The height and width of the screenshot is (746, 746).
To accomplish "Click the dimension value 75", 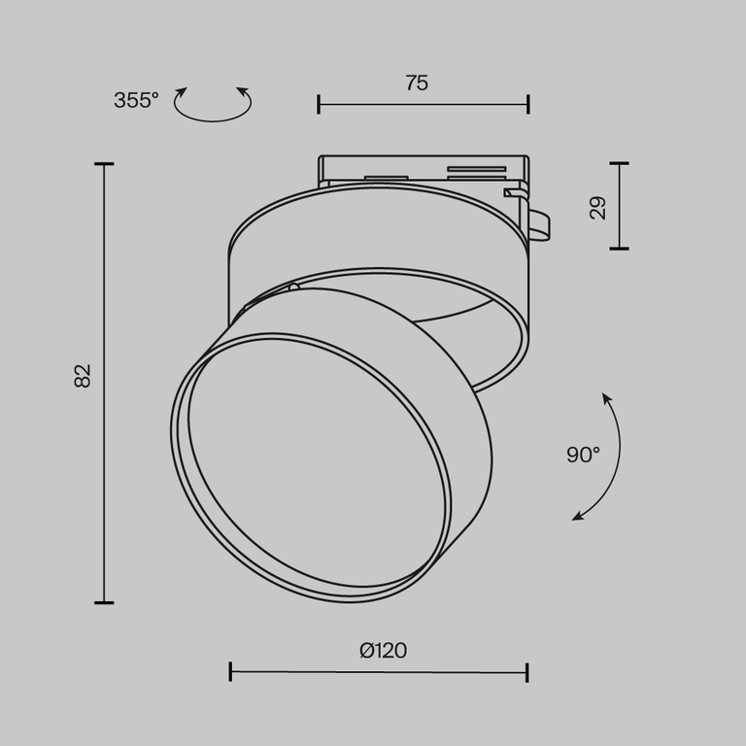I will point(417,84).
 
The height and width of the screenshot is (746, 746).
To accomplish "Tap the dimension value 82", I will point(84,375).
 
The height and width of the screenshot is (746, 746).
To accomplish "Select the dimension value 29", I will point(598,206).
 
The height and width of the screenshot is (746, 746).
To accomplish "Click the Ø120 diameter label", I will point(383,651).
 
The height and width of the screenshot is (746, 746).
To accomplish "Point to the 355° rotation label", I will point(136,100).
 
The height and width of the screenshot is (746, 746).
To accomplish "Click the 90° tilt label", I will point(583,455).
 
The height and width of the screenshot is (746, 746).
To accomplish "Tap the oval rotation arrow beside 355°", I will point(212,104).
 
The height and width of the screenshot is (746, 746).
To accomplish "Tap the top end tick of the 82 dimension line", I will point(104,164).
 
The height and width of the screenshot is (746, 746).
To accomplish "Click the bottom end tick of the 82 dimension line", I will point(104,602).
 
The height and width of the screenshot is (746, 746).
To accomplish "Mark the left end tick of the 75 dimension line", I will point(319,104).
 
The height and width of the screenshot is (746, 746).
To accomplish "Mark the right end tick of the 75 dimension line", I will point(528,104).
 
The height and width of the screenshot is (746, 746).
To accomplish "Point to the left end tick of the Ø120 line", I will point(230,671).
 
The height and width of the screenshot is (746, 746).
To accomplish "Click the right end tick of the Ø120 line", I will point(527,671).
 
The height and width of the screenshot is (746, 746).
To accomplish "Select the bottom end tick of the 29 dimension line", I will point(619,249).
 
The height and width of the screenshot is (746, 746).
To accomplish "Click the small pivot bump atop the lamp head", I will point(294,288).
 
